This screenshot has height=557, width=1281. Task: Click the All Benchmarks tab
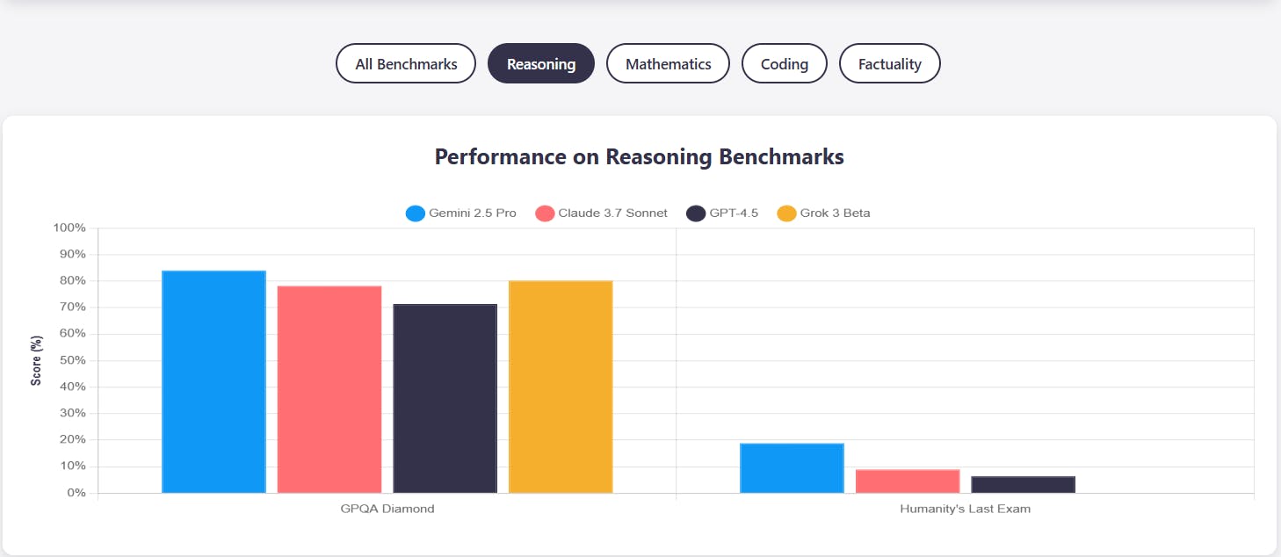pos(406,64)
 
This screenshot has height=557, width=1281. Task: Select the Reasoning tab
pos(541,64)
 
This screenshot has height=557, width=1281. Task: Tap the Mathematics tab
pos(668,64)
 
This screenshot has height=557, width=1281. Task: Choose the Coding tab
pos(784,64)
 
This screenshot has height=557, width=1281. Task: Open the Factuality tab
pos(889,64)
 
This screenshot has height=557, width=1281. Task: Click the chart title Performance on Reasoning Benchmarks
pos(639,157)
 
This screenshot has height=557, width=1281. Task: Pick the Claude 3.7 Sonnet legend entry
pos(602,213)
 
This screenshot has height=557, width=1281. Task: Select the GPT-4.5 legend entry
pos(722,213)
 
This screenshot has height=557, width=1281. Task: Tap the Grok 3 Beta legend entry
pos(824,213)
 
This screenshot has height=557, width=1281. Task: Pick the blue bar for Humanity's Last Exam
pos(792,468)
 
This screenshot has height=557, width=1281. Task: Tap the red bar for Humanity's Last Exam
pos(908,481)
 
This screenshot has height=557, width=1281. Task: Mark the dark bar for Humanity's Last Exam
pos(1023,485)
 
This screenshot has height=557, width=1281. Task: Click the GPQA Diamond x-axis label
pos(387,510)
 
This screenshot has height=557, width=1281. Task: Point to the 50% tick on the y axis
pos(71,361)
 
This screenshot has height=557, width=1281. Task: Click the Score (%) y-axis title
pos(37,360)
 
